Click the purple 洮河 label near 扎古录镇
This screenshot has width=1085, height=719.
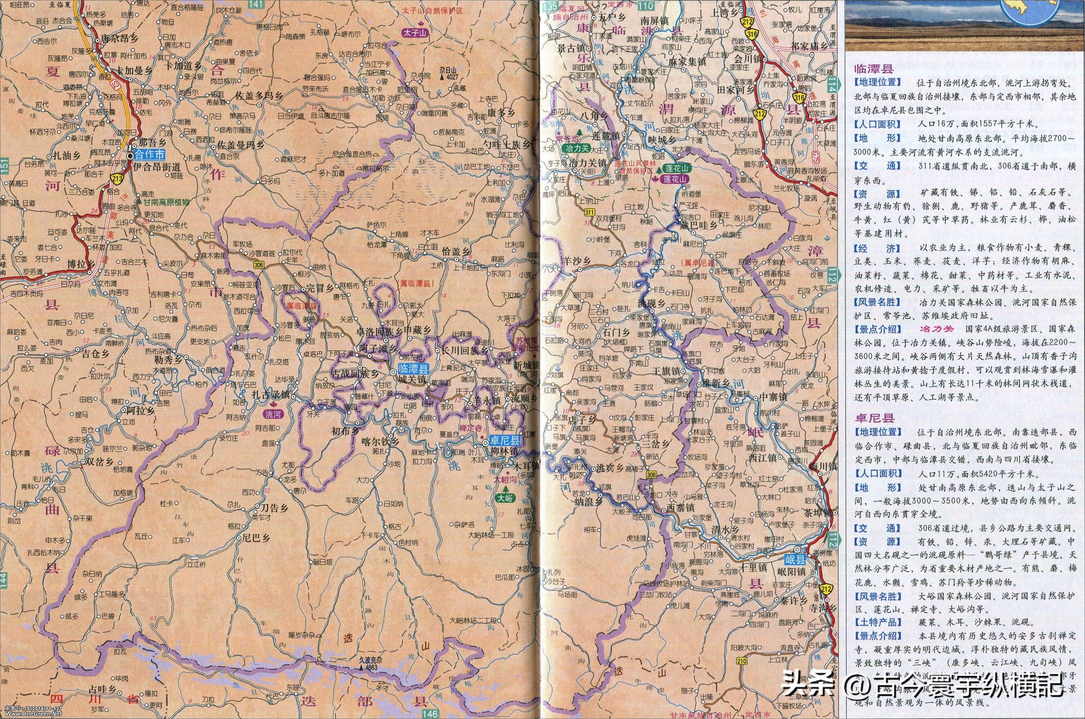(275, 414)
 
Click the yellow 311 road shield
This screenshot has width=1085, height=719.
(590, 212)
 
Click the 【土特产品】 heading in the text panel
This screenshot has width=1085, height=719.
(877, 622)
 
